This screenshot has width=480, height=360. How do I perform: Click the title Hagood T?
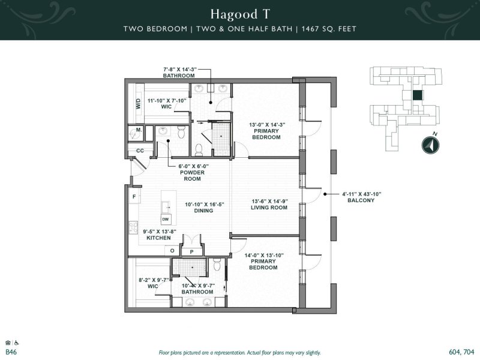tap(239, 13)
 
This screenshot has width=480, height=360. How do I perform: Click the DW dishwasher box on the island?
tap(165, 220)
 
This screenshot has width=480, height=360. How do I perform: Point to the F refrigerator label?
tap(133, 197)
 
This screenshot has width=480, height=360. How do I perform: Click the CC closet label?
tap(140, 151)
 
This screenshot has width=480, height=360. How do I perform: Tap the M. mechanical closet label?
tap(138, 130)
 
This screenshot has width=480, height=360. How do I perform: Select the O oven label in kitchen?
tap(172, 250)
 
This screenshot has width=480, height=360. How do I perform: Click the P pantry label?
tap(192, 252)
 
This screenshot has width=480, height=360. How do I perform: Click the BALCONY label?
tap(360, 200)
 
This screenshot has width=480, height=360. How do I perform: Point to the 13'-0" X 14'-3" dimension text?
tap(267, 125)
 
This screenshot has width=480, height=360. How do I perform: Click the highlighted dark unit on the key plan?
tap(416, 95)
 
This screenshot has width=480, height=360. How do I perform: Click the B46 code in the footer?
tap(11, 352)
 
